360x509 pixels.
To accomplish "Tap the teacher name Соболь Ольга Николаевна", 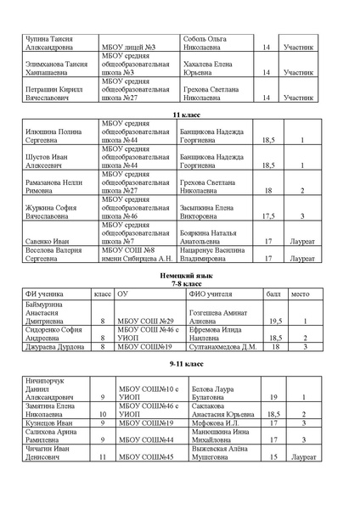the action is [208, 43].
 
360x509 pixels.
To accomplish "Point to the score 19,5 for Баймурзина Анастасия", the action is [274, 322].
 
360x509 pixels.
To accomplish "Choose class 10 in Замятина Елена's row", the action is [102, 413].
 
